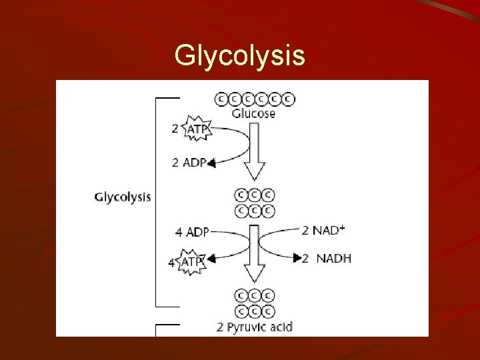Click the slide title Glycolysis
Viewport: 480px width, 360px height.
click(240, 56)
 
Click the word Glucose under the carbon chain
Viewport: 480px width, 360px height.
click(253, 113)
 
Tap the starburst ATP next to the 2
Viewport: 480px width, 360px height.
click(197, 129)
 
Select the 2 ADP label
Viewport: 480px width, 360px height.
click(189, 162)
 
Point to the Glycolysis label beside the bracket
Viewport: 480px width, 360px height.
click(123, 197)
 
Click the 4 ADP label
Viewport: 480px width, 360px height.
click(192, 232)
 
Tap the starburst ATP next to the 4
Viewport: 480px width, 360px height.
click(192, 263)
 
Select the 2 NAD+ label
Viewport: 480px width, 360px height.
click(323, 231)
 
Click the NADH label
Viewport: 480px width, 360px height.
click(334, 258)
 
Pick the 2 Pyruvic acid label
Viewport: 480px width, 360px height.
click(255, 327)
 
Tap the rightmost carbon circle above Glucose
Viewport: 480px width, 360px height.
click(289, 99)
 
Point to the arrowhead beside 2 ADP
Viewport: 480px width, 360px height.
click(211, 163)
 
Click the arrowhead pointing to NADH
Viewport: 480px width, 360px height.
click(297, 258)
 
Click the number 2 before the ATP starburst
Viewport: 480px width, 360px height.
click(175, 129)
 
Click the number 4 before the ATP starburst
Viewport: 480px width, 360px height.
click(171, 263)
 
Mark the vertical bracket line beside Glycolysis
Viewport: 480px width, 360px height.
click(155, 200)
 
